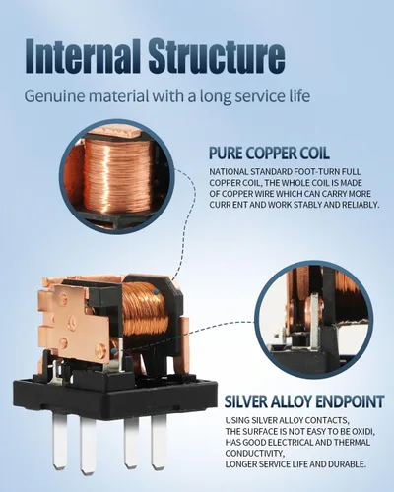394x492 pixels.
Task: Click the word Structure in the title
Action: pyautogui.click(x=217, y=56)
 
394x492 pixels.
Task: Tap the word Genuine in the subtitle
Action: pyautogui.click(x=48, y=97)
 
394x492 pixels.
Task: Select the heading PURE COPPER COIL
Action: pyautogui.click(x=269, y=154)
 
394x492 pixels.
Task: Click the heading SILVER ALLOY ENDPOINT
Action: pyautogui.click(x=304, y=401)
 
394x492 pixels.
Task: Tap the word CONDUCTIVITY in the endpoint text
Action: pyautogui.click(x=253, y=454)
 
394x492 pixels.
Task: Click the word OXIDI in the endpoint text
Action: pyautogui.click(x=364, y=431)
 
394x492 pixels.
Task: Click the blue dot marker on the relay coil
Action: pyautogui.click(x=157, y=291)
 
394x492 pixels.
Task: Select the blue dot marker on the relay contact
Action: pyautogui.click(x=114, y=352)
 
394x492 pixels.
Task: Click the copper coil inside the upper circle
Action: pyautogui.click(x=119, y=174)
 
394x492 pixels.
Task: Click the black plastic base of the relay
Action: pyautogui.click(x=115, y=397)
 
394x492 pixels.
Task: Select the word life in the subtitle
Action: pyautogui.click(x=300, y=96)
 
